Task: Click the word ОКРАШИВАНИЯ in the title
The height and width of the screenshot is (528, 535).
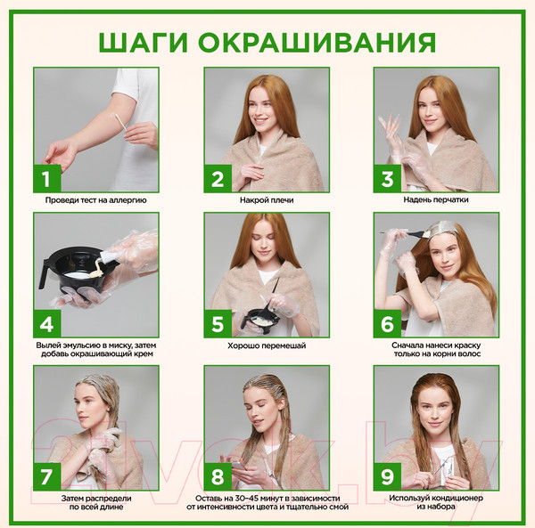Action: click(317, 42)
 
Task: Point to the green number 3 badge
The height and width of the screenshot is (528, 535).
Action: click(387, 178)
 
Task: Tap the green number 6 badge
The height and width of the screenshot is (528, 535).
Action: click(387, 322)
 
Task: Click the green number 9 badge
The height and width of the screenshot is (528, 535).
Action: click(387, 475)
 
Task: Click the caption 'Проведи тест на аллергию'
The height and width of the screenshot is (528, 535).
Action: click(96, 201)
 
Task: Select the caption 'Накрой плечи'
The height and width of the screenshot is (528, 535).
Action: click(267, 201)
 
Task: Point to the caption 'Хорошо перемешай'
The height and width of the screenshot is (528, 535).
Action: click(267, 345)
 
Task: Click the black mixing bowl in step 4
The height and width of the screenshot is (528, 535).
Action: click(76, 266)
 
